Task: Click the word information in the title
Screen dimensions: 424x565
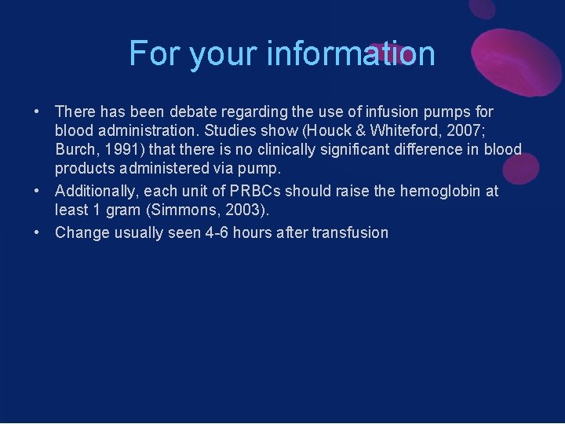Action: pos(351,53)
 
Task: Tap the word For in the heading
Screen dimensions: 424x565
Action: pos(150,53)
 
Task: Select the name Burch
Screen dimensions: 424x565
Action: pos(75,149)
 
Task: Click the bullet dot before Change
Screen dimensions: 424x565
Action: pos(37,232)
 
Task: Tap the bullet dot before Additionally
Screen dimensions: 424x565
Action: pos(37,191)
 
